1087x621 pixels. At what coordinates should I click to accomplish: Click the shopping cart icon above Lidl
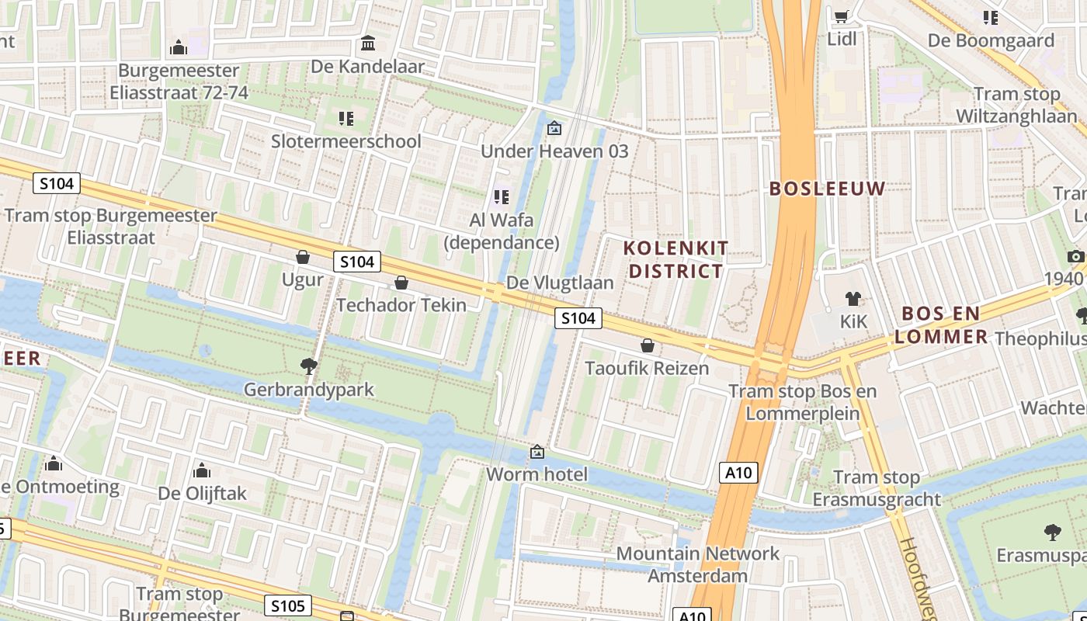click(x=841, y=16)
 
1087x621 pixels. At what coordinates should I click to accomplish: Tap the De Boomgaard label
click(x=991, y=40)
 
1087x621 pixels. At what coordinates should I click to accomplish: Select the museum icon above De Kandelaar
click(x=368, y=43)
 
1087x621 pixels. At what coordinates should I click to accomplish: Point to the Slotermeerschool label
click(x=346, y=141)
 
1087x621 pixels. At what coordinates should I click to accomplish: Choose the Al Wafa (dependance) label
click(x=501, y=231)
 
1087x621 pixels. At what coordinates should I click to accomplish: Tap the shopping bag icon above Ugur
click(x=303, y=257)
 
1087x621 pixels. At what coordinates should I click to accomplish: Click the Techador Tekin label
click(x=401, y=305)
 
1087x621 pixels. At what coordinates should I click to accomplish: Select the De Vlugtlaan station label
click(x=560, y=283)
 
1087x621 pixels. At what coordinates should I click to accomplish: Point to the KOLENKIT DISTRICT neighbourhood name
click(x=676, y=259)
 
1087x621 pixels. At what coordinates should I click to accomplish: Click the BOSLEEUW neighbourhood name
click(x=827, y=189)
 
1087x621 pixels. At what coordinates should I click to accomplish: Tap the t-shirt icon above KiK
click(x=853, y=299)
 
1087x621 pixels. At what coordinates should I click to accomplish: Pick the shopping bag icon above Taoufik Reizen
click(x=648, y=345)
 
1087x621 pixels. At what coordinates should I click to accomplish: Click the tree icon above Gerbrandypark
click(x=309, y=366)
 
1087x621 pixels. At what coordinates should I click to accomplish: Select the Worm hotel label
click(x=537, y=474)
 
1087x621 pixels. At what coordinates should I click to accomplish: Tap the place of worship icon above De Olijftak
click(x=202, y=470)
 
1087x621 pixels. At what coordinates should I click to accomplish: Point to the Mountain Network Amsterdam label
click(x=697, y=564)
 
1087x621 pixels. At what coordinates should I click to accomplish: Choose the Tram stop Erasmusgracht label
click(x=877, y=488)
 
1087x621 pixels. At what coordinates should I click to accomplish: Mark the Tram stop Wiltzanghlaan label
click(x=1016, y=105)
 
